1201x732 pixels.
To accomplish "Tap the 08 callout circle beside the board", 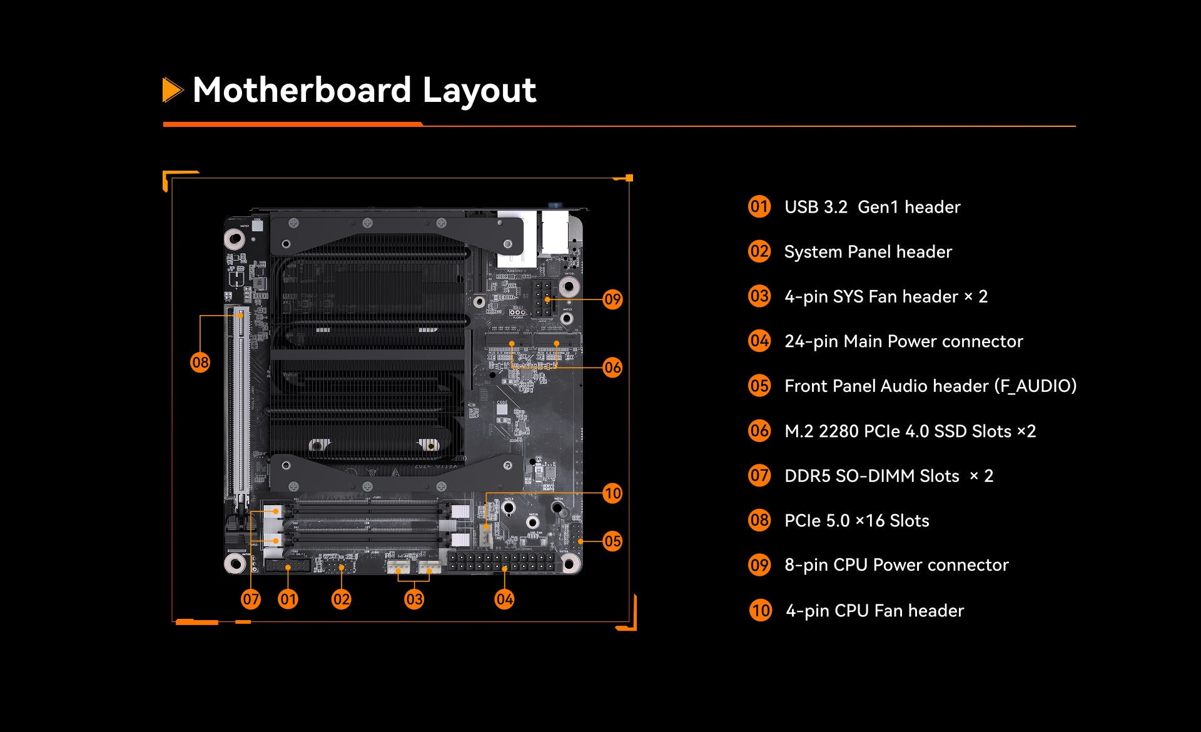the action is click(200, 362).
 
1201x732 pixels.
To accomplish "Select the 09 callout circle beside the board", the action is click(612, 299).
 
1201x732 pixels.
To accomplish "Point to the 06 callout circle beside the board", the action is click(612, 368).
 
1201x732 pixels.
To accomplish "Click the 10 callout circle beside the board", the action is click(612, 493).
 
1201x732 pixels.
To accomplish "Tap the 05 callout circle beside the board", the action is click(612, 541).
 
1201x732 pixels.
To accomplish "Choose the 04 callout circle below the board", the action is click(504, 599).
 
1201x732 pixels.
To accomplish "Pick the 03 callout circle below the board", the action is click(414, 599).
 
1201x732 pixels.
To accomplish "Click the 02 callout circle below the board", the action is click(341, 599).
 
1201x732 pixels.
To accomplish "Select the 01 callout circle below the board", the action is click(288, 599).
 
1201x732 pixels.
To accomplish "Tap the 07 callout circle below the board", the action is click(251, 599).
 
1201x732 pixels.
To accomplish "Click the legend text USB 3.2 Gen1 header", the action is click(872, 207).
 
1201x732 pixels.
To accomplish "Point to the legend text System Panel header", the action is click(868, 252).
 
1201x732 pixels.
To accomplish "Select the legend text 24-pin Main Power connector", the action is click(904, 341).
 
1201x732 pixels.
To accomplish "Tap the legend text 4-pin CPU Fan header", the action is click(874, 611).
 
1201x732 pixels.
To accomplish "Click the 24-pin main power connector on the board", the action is click(501, 561).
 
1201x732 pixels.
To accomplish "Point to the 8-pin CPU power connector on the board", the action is click(542, 298).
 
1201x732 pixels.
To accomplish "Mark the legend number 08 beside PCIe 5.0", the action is click(759, 520).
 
